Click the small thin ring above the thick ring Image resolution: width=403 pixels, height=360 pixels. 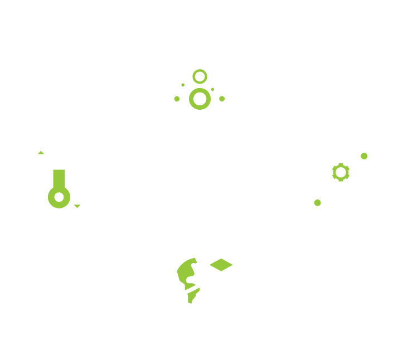coord(200,76)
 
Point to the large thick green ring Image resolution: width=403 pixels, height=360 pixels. coord(200,99)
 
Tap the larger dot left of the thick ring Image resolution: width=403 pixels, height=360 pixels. coord(177,99)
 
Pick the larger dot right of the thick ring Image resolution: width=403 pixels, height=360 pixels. coord(222,99)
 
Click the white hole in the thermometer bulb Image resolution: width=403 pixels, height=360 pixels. coord(59,197)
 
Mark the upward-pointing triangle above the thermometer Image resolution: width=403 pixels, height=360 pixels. coord(41,152)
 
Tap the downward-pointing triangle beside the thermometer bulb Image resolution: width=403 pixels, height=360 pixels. coord(77,206)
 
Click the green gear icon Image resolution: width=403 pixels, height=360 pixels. coord(341,172)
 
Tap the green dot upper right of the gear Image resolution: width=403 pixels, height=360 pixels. coord(364,156)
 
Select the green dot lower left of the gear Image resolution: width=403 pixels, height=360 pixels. coord(318,203)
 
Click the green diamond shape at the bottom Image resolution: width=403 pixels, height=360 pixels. coord(221,265)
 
